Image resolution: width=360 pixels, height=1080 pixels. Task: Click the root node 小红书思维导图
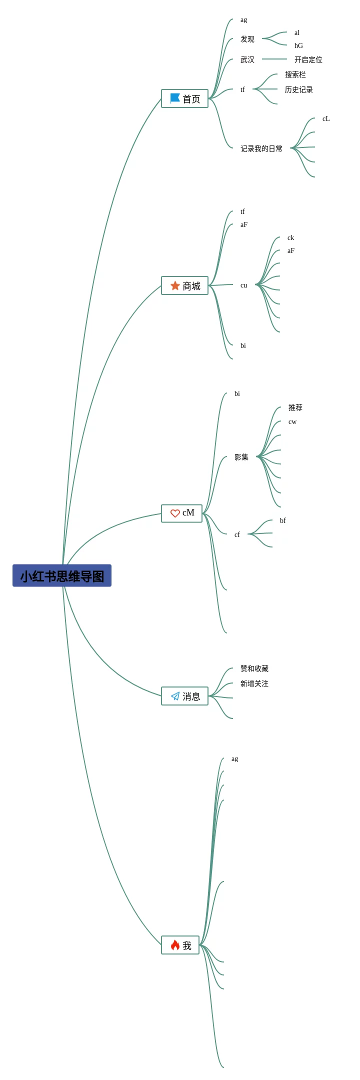[x=62, y=575]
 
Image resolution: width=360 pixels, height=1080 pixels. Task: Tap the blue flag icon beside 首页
[x=175, y=98]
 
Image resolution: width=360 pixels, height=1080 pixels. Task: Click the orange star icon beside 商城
[x=175, y=285]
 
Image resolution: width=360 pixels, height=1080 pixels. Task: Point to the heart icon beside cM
[x=175, y=513]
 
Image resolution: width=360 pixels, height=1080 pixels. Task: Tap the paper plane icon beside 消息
[x=175, y=696]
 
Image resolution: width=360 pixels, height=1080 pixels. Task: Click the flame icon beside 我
[x=175, y=945]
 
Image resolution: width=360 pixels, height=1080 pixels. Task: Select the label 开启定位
[x=308, y=59]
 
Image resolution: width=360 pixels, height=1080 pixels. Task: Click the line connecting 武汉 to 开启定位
[x=274, y=59]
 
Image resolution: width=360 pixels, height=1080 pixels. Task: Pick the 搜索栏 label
[x=295, y=74]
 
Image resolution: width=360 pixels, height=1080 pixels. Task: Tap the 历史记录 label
[x=298, y=89]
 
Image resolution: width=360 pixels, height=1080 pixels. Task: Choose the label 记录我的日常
[x=261, y=148]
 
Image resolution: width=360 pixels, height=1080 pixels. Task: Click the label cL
[x=326, y=119]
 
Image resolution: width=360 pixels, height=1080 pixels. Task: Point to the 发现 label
[x=247, y=39]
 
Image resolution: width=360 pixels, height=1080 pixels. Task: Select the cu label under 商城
[x=243, y=285]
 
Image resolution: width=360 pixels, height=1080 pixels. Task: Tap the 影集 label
[x=241, y=457]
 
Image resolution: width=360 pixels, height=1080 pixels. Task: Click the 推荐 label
[x=295, y=407]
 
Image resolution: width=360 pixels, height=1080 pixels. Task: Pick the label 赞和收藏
[x=254, y=668]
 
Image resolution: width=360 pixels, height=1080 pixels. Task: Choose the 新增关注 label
[x=254, y=683]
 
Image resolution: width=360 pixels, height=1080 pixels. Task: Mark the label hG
[x=298, y=45]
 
